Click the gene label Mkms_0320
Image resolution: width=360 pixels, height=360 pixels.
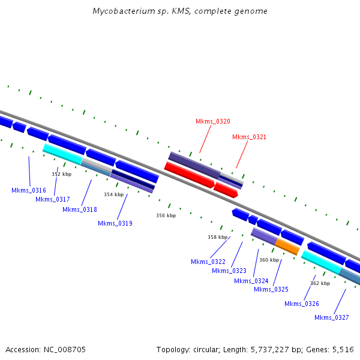[212, 121]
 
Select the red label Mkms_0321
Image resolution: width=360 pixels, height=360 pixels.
[249, 137]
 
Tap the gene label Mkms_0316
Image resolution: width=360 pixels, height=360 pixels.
[29, 190]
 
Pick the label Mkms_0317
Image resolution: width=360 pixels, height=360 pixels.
[53, 199]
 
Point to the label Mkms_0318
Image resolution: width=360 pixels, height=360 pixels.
[80, 209]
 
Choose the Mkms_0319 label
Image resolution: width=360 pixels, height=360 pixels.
[115, 223]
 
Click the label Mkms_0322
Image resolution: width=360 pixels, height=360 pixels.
[208, 262]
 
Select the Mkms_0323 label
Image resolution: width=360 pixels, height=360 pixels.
[229, 271]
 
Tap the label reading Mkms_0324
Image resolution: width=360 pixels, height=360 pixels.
[251, 281]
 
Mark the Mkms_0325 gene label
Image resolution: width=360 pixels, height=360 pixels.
[271, 289]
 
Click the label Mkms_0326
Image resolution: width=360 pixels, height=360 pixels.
[302, 304]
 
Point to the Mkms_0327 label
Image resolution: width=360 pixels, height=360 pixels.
[332, 317]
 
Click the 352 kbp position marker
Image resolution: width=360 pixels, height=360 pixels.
[61, 174]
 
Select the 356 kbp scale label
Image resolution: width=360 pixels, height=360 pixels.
[166, 215]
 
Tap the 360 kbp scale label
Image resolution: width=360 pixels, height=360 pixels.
[269, 260]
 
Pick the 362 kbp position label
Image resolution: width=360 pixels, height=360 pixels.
[320, 283]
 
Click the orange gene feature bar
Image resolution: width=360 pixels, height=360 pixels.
[287, 247]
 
